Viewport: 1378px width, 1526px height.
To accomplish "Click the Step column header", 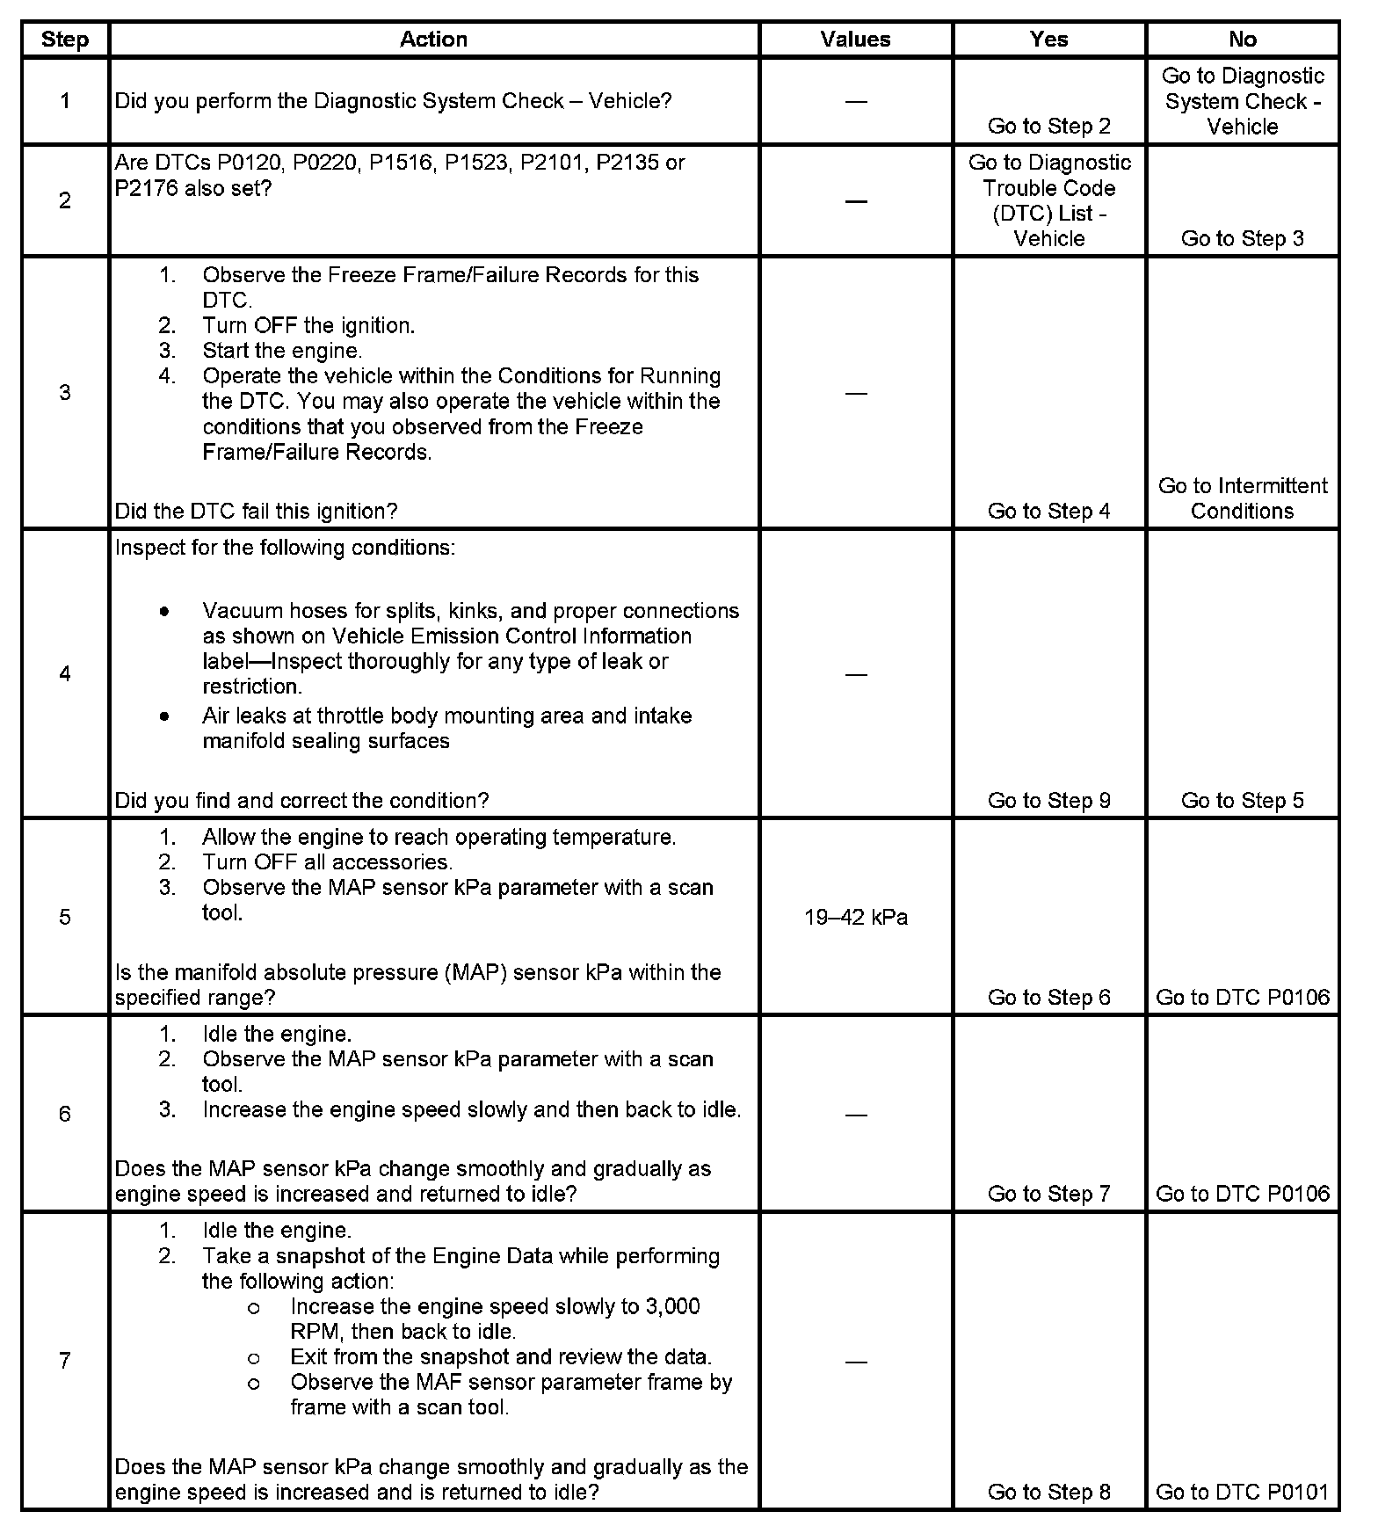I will tap(65, 40).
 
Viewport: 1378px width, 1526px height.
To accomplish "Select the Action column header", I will tap(433, 40).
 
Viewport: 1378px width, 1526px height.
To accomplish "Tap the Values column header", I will tap(855, 40).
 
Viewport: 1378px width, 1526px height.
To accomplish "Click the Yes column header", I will tap(1048, 40).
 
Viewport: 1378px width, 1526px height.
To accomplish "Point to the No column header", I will tap(1242, 40).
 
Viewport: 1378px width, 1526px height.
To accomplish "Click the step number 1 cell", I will tap(65, 101).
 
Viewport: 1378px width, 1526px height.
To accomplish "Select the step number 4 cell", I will tap(65, 674).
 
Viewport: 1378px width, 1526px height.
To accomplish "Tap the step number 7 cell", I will tap(65, 1361).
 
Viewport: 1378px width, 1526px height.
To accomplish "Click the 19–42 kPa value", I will tap(855, 918).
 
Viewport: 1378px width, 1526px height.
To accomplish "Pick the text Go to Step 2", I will tap(1048, 127).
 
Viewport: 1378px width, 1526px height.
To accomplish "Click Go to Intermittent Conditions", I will tap(1242, 498).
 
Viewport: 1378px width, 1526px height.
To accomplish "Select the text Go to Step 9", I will tap(1048, 801).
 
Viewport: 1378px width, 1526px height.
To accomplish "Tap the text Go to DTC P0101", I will tap(1242, 1492).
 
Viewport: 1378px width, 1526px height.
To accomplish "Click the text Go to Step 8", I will tap(1048, 1492).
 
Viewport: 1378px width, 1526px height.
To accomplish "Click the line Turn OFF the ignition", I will tap(308, 326).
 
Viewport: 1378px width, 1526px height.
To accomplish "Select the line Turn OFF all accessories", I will tap(327, 862).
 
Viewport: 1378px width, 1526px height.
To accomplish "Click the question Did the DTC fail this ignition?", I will tap(256, 512).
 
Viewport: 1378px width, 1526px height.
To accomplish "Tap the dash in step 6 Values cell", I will tap(855, 1115).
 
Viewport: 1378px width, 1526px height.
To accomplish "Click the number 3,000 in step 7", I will tap(672, 1307).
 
